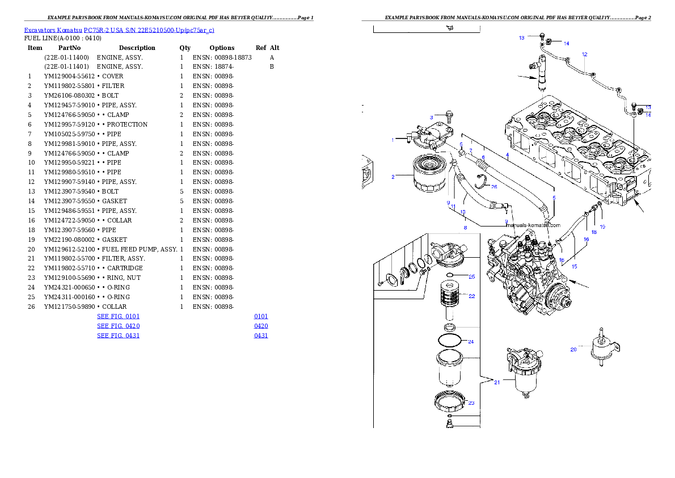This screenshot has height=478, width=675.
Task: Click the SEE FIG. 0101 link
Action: point(118,316)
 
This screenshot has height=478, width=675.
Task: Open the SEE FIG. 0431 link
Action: point(118,336)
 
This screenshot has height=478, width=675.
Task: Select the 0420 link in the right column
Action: point(261,326)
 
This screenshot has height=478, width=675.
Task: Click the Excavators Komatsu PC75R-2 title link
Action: point(119,30)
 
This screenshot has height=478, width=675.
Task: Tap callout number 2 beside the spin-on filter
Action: point(393,177)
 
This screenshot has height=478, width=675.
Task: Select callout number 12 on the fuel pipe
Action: point(584,54)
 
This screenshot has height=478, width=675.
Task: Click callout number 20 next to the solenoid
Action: point(573,350)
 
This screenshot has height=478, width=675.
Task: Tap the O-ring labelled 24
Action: point(450,341)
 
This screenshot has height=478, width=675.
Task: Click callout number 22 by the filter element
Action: point(471,296)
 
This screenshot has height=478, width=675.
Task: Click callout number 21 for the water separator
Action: point(497,383)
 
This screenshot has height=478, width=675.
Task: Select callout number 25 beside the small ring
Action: point(471,277)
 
